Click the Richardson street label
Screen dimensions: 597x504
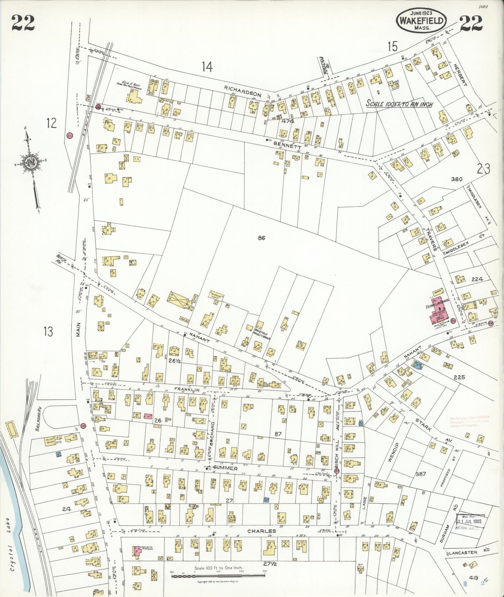click(243, 91)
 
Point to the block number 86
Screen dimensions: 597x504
click(262, 238)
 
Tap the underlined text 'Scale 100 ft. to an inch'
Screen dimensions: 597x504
click(399, 104)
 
